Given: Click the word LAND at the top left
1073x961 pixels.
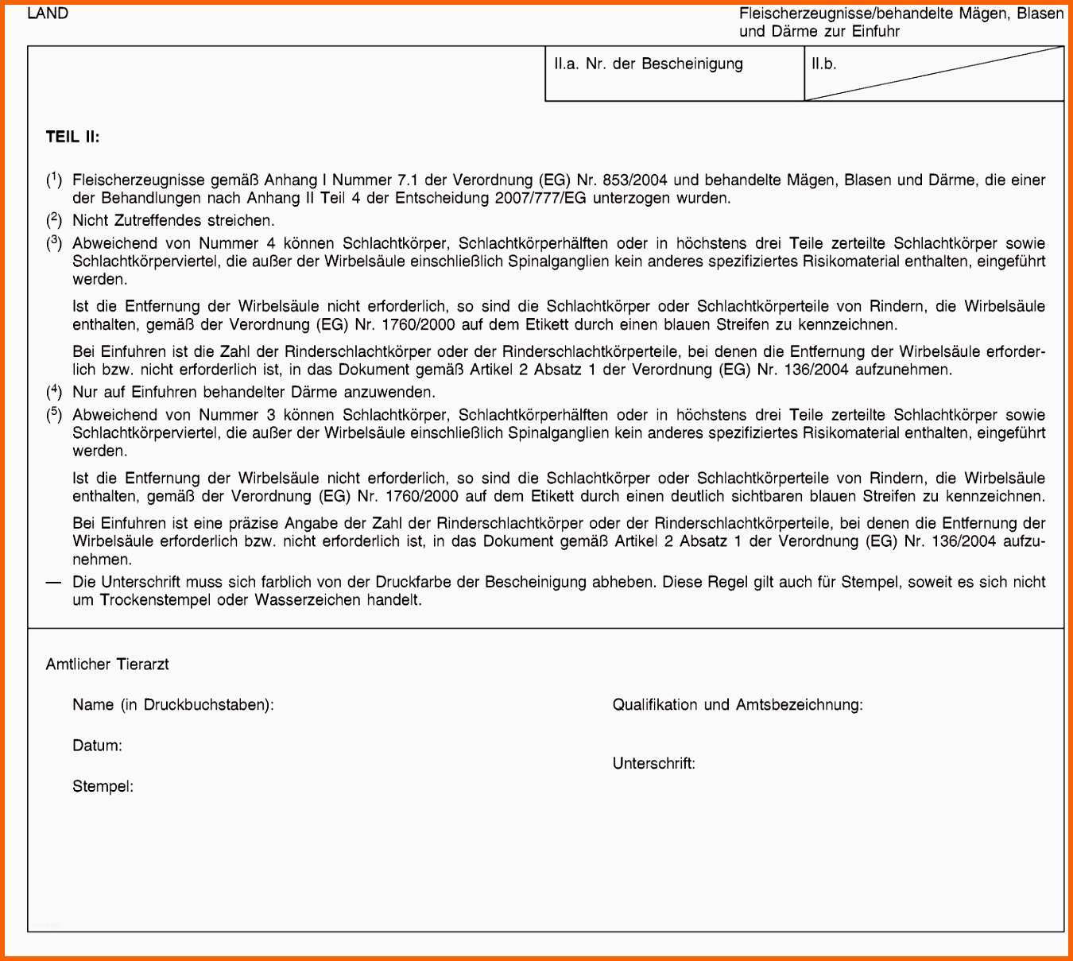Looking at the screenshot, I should [48, 14].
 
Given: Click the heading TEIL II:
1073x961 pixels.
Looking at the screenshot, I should [72, 137].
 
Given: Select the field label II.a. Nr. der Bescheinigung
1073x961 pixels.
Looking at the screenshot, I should [649, 64].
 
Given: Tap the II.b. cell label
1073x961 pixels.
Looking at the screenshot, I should [824, 64].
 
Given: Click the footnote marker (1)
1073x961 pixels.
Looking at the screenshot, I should [53, 180].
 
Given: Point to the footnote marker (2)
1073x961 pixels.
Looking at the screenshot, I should [53, 220].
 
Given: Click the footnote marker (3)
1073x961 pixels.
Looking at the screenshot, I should [53, 243].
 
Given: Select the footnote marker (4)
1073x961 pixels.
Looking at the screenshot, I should [53, 392].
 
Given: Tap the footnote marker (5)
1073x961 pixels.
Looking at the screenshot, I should [53, 415].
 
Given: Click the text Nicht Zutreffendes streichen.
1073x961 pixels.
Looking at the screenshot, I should [173, 221].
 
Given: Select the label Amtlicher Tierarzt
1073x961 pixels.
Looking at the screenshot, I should [107, 665].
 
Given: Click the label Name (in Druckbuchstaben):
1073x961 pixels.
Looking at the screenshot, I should [173, 705].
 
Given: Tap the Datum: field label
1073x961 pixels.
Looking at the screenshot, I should [97, 746].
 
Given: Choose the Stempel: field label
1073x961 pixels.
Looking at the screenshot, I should [103, 787].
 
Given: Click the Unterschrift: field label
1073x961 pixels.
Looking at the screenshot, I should [653, 764].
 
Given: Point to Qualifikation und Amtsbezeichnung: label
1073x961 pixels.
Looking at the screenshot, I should [738, 705].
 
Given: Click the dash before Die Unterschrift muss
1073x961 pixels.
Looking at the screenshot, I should [53, 582].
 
